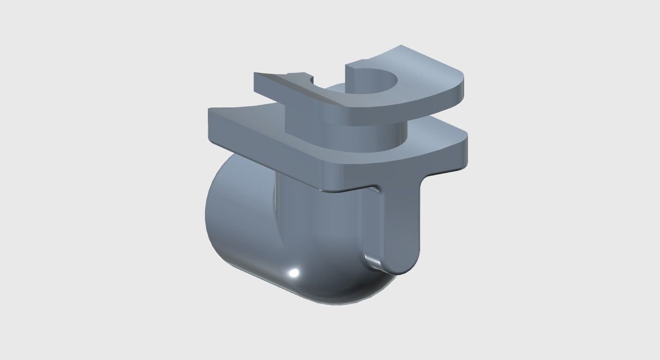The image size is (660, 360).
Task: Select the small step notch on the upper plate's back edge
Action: pos(289,74)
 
